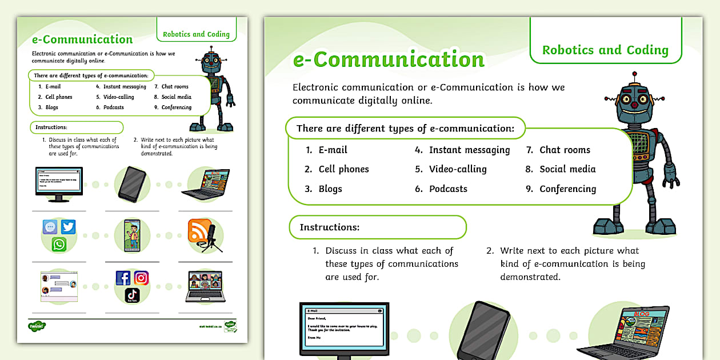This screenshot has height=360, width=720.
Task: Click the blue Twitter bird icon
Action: tap(69, 227)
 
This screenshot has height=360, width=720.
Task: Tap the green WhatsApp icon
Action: tap(59, 245)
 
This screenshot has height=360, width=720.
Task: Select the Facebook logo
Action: tap(123, 278)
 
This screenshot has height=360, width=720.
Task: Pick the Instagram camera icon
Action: tap(141, 278)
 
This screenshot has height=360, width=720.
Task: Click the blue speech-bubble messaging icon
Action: tap(50, 227)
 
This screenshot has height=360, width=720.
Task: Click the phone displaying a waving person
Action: tap(133, 235)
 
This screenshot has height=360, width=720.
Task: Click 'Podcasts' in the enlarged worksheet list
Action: tap(448, 189)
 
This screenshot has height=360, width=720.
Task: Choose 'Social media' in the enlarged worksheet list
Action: tap(567, 169)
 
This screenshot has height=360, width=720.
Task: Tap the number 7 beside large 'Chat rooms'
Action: tap(529, 150)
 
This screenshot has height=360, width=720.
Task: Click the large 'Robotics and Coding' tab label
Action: tap(605, 50)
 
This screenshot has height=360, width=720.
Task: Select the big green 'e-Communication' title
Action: tap(389, 59)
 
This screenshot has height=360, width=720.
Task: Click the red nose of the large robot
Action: tap(634, 106)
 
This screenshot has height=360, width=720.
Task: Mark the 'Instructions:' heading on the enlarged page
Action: tap(330, 227)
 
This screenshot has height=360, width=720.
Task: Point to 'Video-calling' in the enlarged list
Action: tap(458, 169)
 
